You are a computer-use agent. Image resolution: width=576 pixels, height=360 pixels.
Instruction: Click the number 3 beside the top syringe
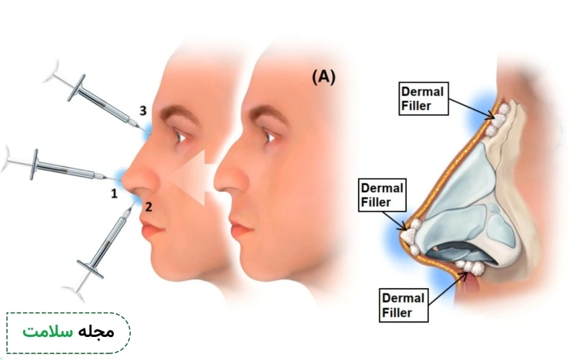pyautogui.click(x=143, y=110)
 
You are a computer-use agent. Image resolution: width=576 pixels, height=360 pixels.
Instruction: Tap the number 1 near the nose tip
pyautogui.click(x=114, y=193)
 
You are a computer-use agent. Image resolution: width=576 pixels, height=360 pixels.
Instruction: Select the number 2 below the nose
pyautogui.click(x=148, y=207)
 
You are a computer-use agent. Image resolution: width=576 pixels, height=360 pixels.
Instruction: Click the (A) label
pyautogui.click(x=323, y=78)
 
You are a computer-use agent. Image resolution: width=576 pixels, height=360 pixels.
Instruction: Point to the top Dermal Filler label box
pyautogui.click(x=423, y=99)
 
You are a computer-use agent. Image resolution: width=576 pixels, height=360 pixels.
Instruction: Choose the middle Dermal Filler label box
pyautogui.click(x=382, y=195)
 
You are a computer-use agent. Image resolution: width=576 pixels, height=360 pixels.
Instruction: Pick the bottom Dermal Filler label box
pyautogui.click(x=403, y=305)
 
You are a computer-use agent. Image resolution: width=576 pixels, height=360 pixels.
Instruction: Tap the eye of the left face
pyautogui.click(x=181, y=137)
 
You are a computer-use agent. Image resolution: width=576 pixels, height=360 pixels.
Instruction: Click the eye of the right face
pyautogui.click(x=271, y=137)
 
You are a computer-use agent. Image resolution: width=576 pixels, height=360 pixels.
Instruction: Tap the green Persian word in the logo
pyautogui.click(x=48, y=332)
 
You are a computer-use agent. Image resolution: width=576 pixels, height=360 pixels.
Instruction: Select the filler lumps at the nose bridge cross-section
pyautogui.click(x=498, y=120)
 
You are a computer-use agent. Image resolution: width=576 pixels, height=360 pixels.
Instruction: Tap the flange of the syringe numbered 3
pyautogui.click(x=76, y=88)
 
